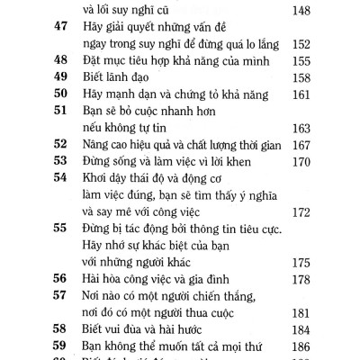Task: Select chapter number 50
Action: pos(62,93)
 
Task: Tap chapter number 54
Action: pos(62,177)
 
